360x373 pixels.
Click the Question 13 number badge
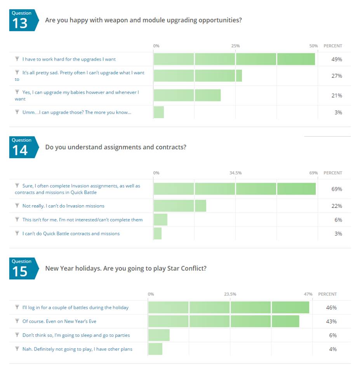click(x=23, y=20)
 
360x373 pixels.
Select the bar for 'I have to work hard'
click(x=234, y=59)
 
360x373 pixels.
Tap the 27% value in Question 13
click(x=336, y=76)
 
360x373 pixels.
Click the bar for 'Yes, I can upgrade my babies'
click(x=187, y=95)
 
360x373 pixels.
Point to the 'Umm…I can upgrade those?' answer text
click(x=77, y=112)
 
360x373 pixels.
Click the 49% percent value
click(x=336, y=59)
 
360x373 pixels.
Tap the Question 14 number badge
click(x=23, y=147)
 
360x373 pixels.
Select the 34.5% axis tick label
click(x=235, y=173)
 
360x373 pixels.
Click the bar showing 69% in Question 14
click(x=235, y=189)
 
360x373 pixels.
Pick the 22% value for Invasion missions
click(x=336, y=206)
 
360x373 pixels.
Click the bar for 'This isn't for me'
click(x=160, y=220)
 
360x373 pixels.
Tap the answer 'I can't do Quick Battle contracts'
click(x=71, y=234)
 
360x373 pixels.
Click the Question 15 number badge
click(x=23, y=268)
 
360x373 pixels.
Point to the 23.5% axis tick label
click(x=230, y=294)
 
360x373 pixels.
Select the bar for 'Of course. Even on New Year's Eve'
click(x=224, y=321)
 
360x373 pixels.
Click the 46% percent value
click(x=331, y=307)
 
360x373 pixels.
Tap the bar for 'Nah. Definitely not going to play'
click(x=155, y=349)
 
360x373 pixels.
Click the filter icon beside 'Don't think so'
click(x=17, y=335)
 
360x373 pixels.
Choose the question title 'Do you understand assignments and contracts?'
click(x=116, y=147)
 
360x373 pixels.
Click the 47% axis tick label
click(x=308, y=294)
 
